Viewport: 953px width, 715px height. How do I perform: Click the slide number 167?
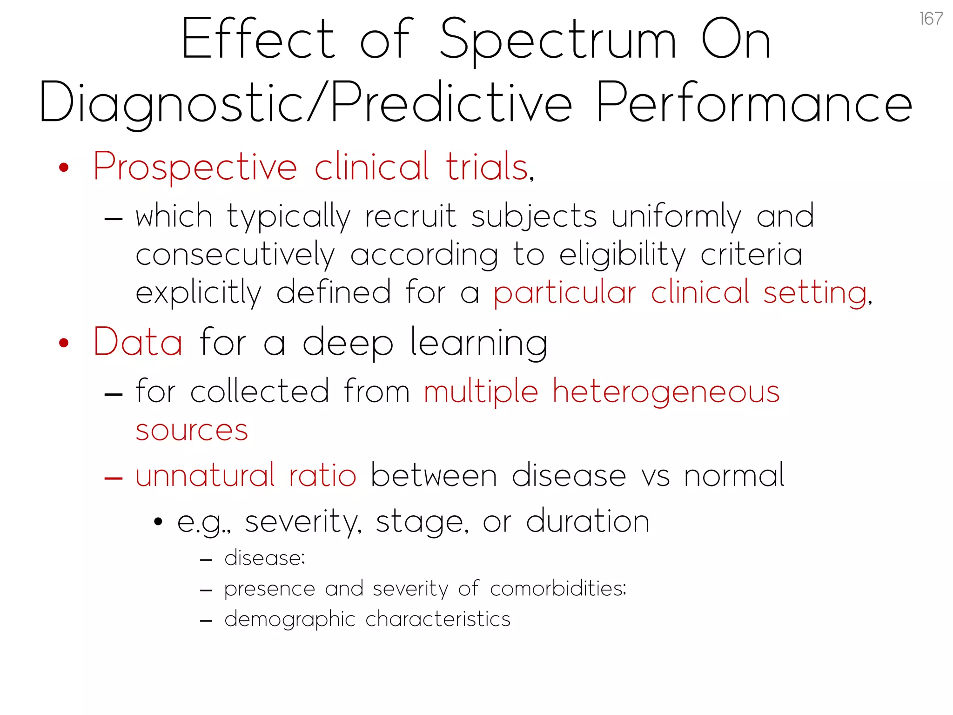click(931, 19)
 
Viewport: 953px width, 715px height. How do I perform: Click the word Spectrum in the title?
click(558, 40)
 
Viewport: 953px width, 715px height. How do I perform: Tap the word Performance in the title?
click(754, 103)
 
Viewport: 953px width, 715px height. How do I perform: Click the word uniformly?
click(676, 216)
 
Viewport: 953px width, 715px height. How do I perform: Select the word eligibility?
click(622, 255)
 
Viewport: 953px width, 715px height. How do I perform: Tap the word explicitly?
click(199, 293)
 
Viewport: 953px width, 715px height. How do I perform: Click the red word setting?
click(816, 293)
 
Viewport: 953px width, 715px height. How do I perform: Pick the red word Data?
click(138, 342)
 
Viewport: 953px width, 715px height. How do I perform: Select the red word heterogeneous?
click(666, 392)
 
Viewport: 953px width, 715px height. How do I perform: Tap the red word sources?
click(192, 430)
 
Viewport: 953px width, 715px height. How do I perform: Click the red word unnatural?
click(205, 476)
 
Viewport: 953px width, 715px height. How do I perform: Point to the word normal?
click(734, 476)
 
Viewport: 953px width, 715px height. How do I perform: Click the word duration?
click(588, 521)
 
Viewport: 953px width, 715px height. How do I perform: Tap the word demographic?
click(289, 620)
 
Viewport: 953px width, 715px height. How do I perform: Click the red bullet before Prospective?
click(64, 168)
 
